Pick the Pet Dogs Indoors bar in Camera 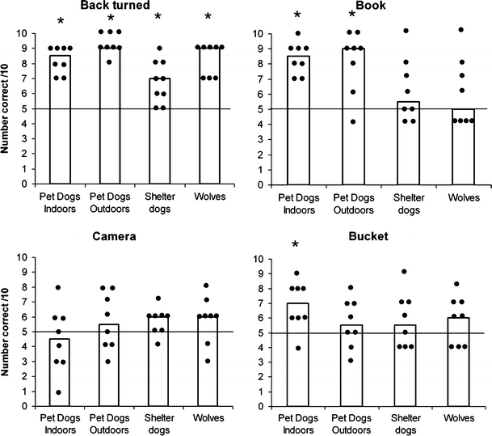tap(60, 372)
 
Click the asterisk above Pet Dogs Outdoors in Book tap(352, 17)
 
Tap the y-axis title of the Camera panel tap(10, 332)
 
